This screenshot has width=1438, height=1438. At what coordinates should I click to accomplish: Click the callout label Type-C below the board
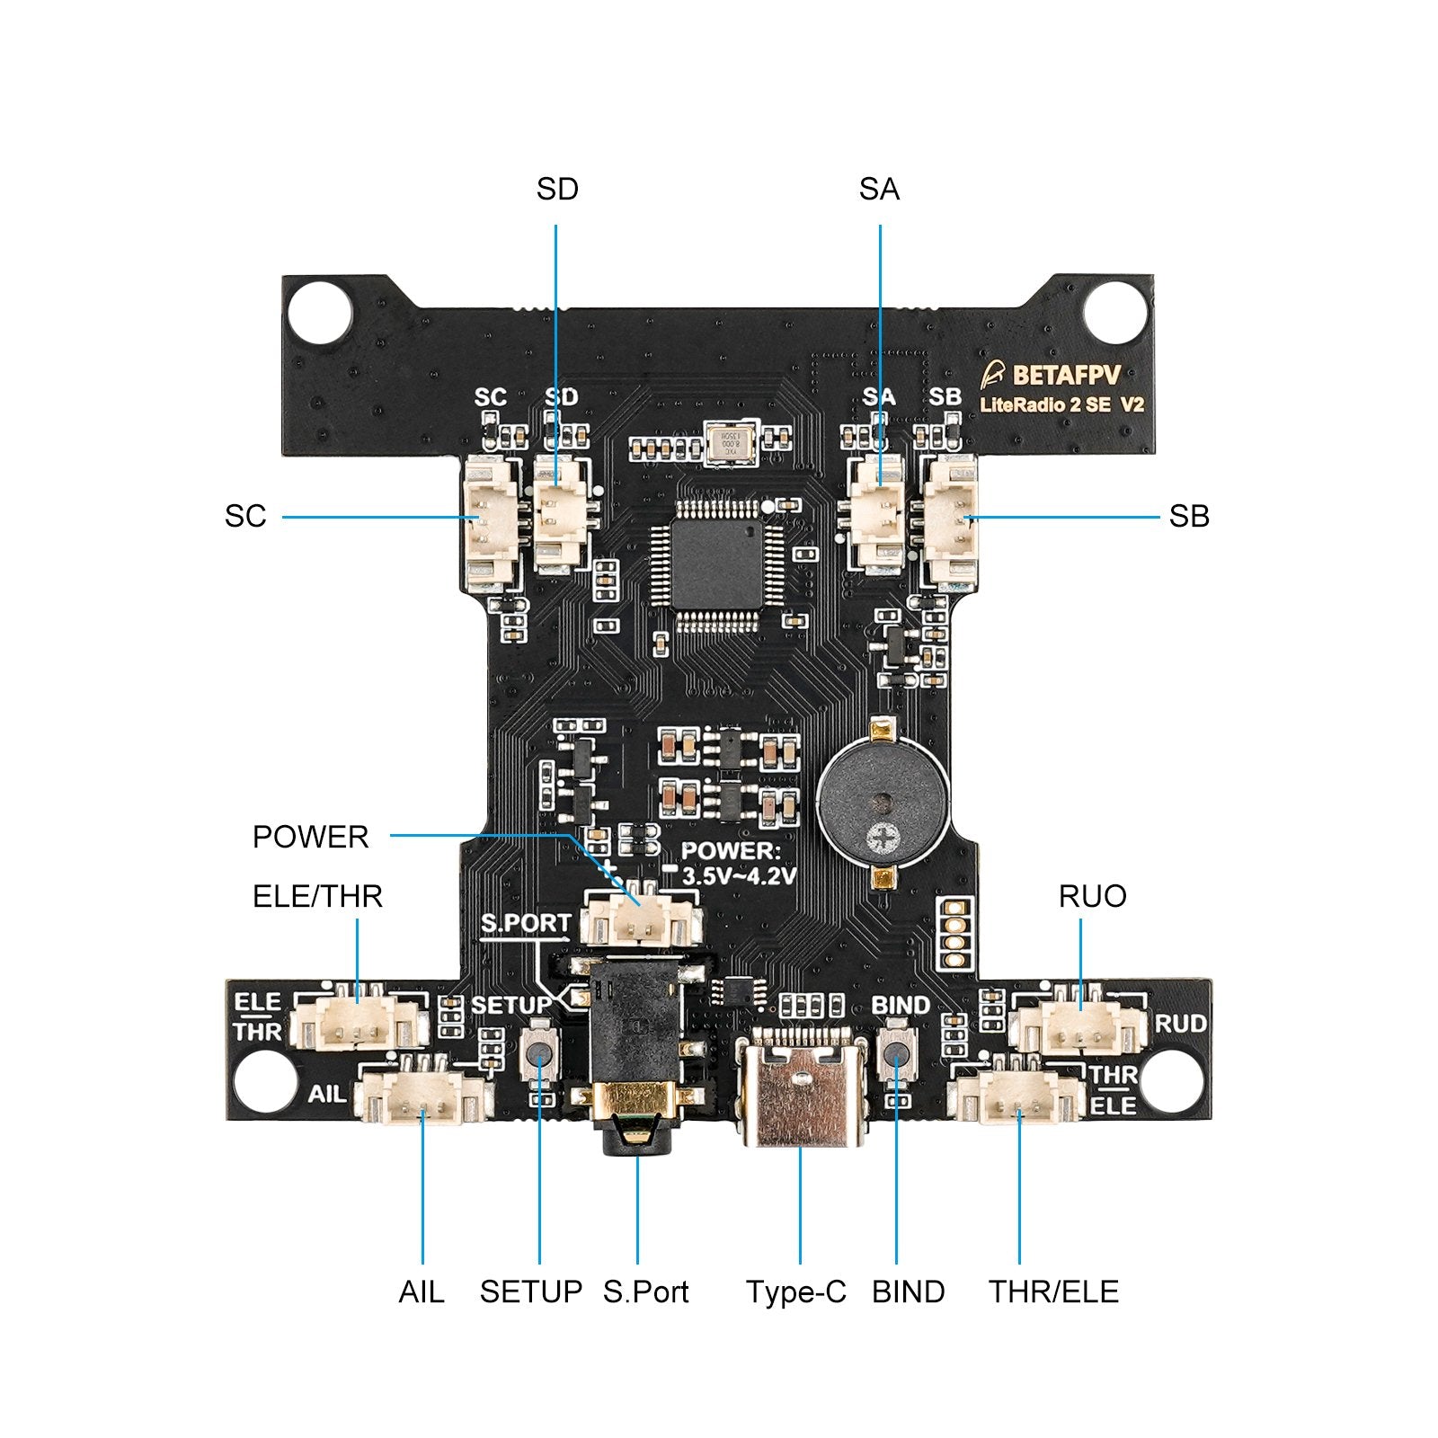tap(795, 1292)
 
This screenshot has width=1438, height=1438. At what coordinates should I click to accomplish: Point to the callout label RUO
tap(1092, 896)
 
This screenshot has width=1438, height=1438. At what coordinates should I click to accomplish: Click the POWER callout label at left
tap(310, 837)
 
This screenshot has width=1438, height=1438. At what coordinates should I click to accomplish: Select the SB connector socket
tap(950, 519)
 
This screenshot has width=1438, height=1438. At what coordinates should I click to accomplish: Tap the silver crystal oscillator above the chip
tap(730, 445)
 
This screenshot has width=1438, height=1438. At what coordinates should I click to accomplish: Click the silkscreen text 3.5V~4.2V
tap(739, 875)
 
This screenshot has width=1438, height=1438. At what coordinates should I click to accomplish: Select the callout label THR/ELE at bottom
tap(1053, 1292)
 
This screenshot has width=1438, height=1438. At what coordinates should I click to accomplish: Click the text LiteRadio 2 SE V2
tap(1061, 405)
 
